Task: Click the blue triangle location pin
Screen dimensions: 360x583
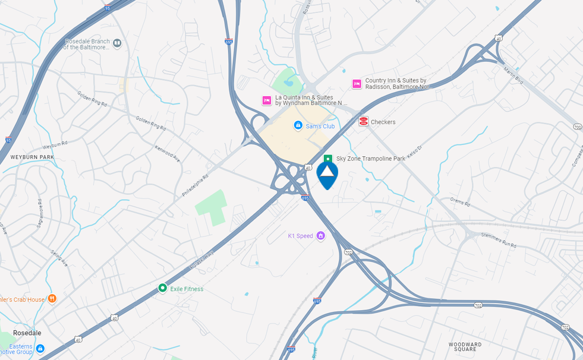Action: [x=327, y=174]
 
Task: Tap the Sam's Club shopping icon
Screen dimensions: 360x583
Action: [x=298, y=125]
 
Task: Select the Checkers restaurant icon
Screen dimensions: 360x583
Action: [x=364, y=122]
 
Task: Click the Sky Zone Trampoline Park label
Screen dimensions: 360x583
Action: [x=371, y=159]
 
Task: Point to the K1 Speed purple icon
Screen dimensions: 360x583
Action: [x=321, y=236]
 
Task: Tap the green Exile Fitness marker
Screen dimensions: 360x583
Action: [x=162, y=288]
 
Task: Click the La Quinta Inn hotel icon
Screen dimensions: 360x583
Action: [x=267, y=100]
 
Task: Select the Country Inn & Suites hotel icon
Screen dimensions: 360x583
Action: [x=357, y=84]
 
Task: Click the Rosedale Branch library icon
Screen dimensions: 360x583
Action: [x=118, y=43]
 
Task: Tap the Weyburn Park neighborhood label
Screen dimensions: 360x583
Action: [x=32, y=157]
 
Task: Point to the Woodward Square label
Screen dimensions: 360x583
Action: [x=465, y=347]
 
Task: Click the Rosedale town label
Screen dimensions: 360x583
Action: [x=27, y=333]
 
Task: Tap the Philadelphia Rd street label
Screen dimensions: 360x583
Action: [x=196, y=185]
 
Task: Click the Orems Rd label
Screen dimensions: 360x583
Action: [x=460, y=203]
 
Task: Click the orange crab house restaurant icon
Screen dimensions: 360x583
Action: [x=52, y=299]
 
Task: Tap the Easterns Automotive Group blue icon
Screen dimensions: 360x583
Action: [x=40, y=349]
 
